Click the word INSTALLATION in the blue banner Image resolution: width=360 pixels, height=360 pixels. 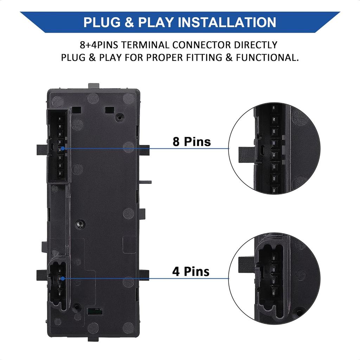click(x=227, y=22)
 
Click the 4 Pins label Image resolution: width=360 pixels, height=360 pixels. click(x=191, y=271)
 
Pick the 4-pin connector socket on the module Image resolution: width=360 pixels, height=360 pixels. click(x=58, y=284)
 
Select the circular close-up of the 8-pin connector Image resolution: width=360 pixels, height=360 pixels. click(x=274, y=148)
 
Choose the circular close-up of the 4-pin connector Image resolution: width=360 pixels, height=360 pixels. click(x=274, y=278)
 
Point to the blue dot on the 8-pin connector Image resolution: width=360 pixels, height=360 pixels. click(x=63, y=149)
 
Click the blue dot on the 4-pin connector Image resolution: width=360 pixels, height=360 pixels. click(x=62, y=278)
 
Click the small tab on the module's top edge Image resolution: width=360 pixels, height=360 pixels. click(x=94, y=86)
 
